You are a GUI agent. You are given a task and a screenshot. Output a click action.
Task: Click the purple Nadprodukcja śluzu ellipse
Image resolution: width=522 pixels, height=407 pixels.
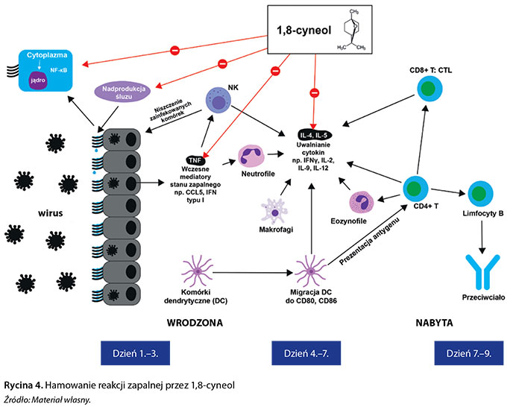pyautogui.click(x=128, y=92)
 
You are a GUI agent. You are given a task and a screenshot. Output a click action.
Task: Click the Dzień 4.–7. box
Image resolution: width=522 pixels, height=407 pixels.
pyautogui.click(x=315, y=353)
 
